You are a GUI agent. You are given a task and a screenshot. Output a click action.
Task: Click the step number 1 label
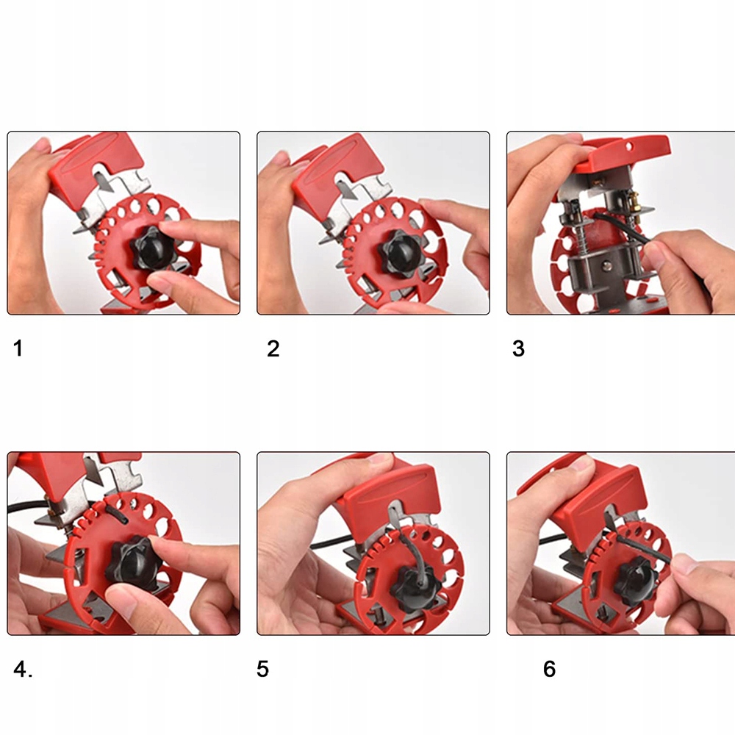(x=18, y=348)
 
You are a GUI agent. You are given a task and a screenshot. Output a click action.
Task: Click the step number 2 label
(x=273, y=348)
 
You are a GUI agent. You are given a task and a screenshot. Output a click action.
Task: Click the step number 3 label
(x=518, y=348)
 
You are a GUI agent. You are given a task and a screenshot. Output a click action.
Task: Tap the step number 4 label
(x=23, y=670)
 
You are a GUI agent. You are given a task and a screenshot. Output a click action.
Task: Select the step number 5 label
(x=262, y=669)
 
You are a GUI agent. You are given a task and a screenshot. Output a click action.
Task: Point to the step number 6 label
(x=549, y=669)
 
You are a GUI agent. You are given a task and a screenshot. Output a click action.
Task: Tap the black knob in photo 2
(x=399, y=253)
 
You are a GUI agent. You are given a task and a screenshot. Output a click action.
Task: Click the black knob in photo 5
(x=412, y=588)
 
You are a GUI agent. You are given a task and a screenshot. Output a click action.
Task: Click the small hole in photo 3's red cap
(x=629, y=147)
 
